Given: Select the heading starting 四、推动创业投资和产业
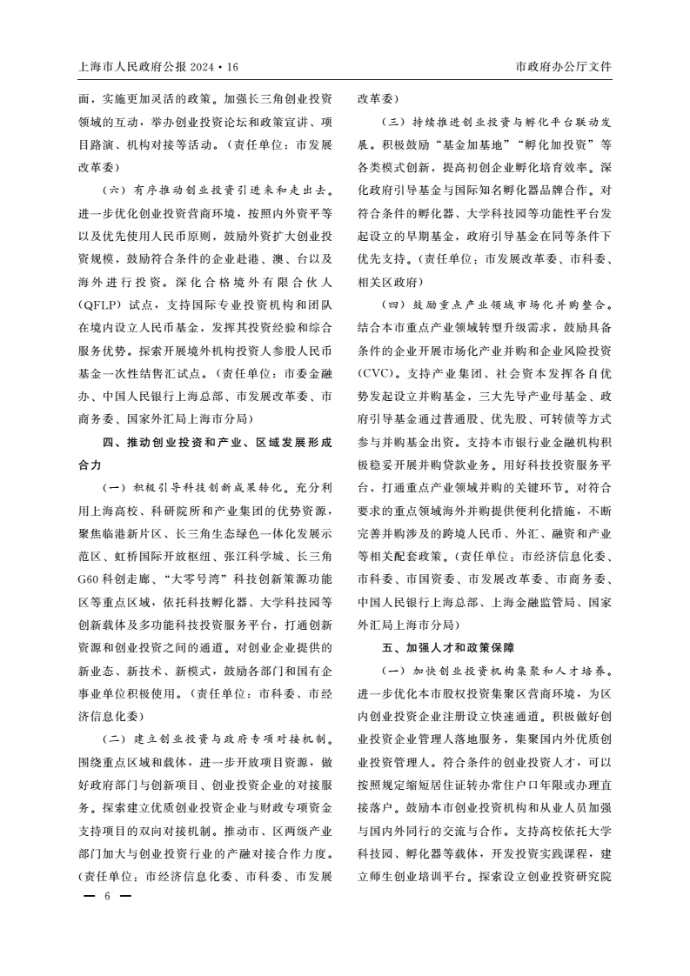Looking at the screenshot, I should (218, 440).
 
